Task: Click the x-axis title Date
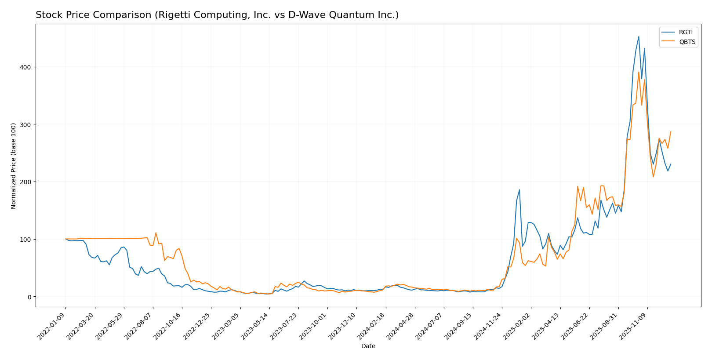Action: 368,346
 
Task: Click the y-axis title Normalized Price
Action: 14,166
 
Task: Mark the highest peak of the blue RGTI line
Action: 639,36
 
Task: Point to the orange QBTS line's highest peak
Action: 639,72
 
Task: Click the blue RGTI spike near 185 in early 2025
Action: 519,190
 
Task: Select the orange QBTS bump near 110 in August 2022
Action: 156,233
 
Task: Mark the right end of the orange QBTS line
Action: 671,131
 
